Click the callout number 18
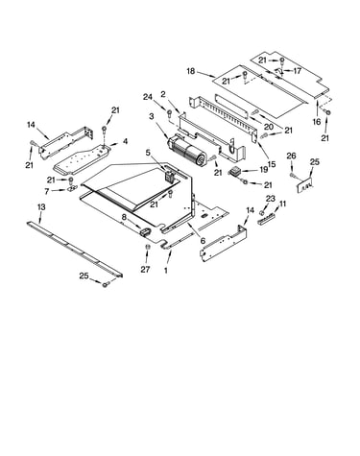tap(190, 71)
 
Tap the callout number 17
tap(298, 71)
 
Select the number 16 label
tap(317, 122)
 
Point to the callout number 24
tap(148, 97)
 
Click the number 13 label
tap(41, 207)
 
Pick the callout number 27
tap(145, 269)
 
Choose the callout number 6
tap(203, 241)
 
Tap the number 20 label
tap(269, 127)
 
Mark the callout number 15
tap(272, 164)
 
